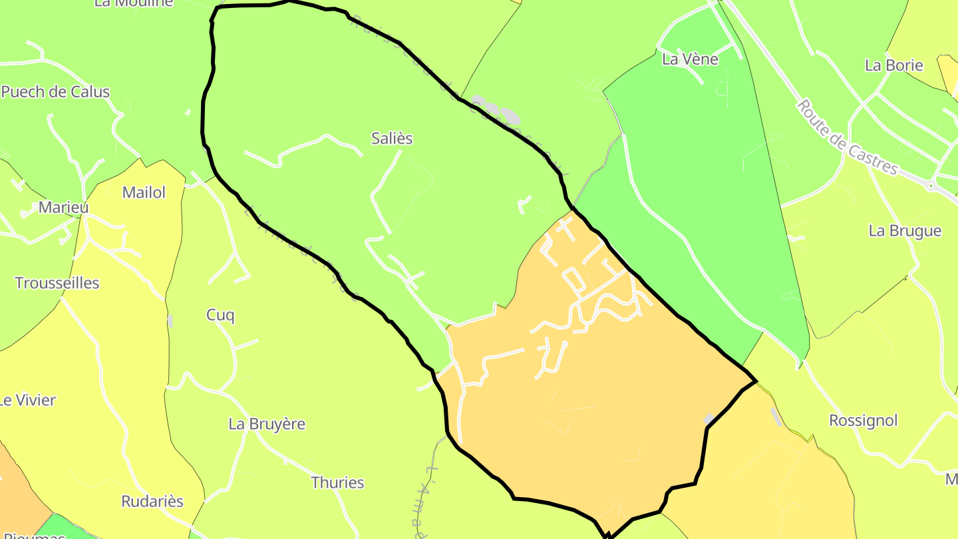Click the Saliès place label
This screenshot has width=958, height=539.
tap(392, 138)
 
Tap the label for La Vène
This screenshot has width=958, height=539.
tap(690, 59)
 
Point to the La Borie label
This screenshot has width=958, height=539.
tap(893, 65)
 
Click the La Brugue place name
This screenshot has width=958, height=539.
tap(905, 231)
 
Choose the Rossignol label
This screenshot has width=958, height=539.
tap(863, 421)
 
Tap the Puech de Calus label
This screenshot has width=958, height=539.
tap(55, 92)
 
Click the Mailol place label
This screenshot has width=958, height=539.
tap(144, 193)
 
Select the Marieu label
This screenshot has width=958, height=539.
tap(63, 207)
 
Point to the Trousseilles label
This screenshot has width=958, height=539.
tap(57, 283)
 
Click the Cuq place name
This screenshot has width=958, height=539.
tap(220, 315)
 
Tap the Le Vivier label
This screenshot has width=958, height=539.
tap(27, 401)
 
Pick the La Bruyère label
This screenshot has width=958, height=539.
tap(267, 424)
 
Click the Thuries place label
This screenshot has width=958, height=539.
tap(338, 482)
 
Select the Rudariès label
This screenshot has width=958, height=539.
tap(152, 501)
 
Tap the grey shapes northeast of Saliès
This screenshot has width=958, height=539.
tap(496, 111)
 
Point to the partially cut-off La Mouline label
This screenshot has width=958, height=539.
tap(133, 3)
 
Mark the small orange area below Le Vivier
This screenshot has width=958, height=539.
tap(17, 486)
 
